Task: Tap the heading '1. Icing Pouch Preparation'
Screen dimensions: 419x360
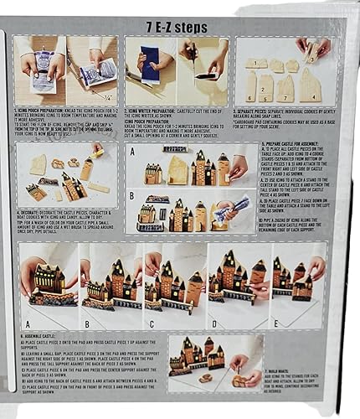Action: pos(50,110)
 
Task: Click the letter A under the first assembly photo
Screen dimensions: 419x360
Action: pos(32,320)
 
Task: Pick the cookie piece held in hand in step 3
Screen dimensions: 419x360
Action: pos(311,52)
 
